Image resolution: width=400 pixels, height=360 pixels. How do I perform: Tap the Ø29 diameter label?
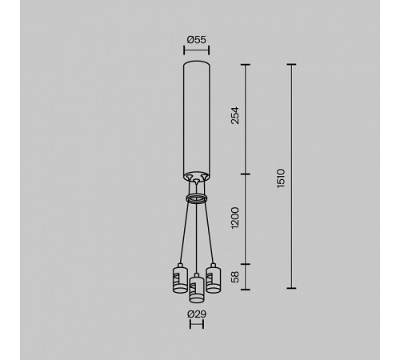[197, 314]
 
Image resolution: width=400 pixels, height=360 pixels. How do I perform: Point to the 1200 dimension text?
[235, 217]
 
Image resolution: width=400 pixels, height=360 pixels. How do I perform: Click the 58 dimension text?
[235, 276]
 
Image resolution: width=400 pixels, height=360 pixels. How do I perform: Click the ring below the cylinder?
[197, 195]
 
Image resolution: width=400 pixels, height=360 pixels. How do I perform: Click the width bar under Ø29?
[197, 326]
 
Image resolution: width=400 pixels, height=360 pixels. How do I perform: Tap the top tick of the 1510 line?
[290, 63]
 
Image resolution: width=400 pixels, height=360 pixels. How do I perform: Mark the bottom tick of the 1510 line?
[290, 288]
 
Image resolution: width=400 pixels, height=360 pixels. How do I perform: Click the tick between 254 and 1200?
[246, 174]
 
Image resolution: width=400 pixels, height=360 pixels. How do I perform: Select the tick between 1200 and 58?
[246, 264]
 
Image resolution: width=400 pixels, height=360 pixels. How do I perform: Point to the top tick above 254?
[246, 63]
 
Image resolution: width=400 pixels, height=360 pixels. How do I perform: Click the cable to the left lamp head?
[183, 232]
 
